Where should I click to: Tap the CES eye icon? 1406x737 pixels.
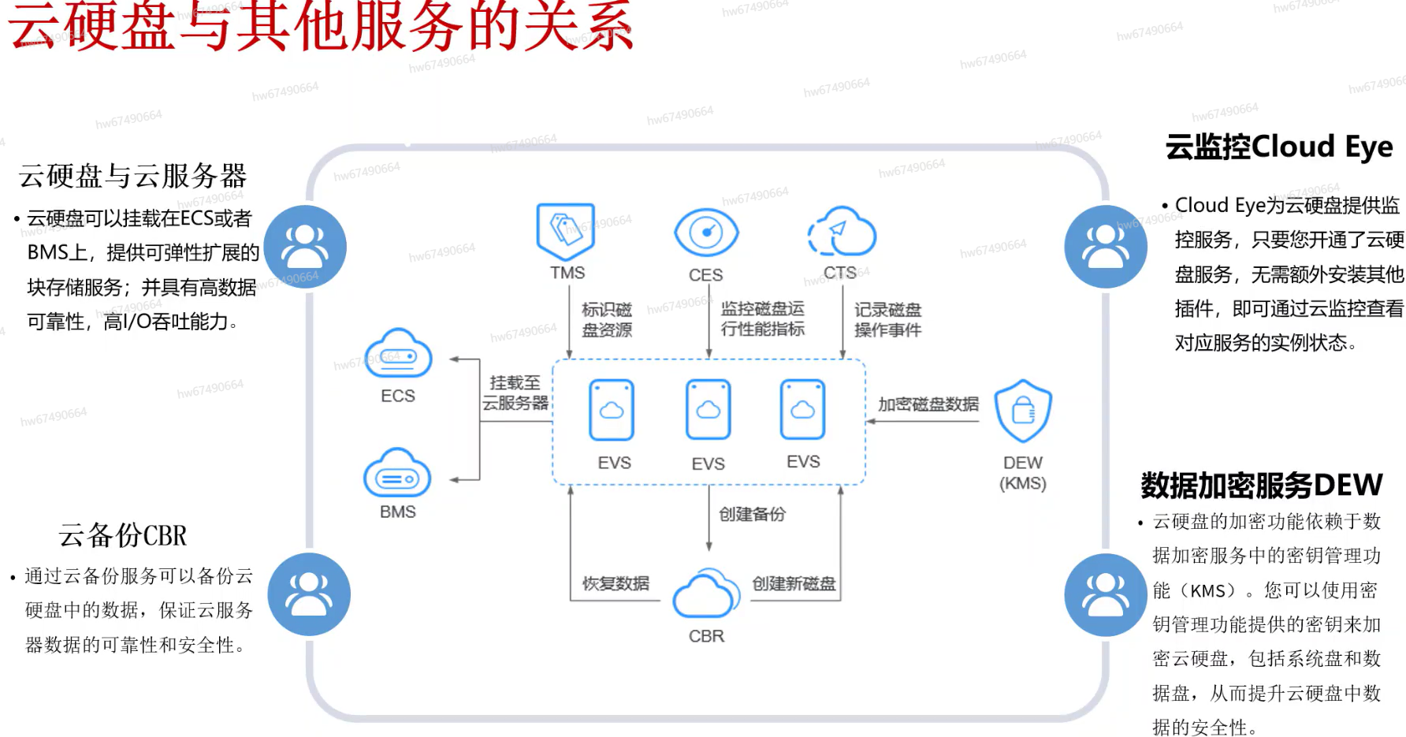click(706, 233)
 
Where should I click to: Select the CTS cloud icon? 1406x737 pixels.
click(842, 232)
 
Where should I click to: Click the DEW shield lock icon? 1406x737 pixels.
click(1023, 411)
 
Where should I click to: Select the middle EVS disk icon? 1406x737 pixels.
click(708, 410)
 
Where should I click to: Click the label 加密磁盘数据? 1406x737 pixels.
click(928, 404)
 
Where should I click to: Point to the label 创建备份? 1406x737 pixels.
click(752, 515)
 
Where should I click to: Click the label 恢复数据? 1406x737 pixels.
click(616, 583)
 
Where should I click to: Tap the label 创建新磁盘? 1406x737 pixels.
click(794, 583)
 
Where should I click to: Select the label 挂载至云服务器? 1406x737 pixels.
click(515, 393)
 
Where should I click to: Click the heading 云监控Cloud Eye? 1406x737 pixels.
click(1278, 147)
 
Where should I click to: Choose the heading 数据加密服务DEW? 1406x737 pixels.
click(1261, 485)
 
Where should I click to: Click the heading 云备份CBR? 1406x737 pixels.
click(123, 535)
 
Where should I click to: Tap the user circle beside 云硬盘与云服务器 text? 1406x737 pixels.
click(305, 247)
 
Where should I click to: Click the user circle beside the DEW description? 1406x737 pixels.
click(1105, 595)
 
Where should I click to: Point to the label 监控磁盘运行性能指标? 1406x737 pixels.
click(762, 318)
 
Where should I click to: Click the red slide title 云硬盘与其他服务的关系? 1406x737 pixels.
click(320, 27)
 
